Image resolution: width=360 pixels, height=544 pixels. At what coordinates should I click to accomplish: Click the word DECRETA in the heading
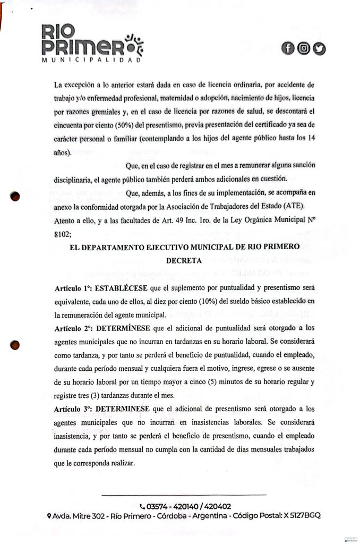click(184, 260)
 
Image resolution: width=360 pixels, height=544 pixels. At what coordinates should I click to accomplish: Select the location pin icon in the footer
click(49, 516)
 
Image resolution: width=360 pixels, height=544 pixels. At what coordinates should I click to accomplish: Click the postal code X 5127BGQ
click(301, 516)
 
